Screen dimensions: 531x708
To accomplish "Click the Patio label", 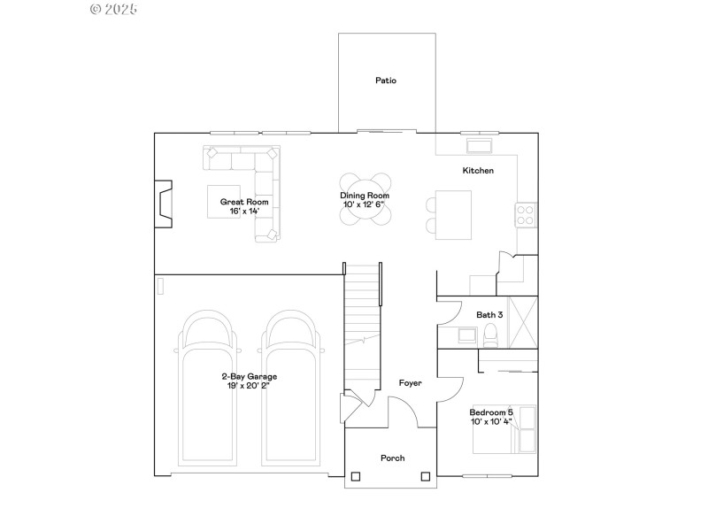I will [x=385, y=81].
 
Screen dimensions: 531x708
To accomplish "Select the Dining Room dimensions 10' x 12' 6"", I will [x=365, y=205].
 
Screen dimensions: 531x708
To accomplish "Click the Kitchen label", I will [x=478, y=171].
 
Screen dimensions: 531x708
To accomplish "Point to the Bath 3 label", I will [x=489, y=314].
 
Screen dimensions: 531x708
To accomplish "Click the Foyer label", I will [x=410, y=383].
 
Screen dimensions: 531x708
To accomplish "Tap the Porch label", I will [x=392, y=458].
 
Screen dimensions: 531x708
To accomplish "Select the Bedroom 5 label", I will [x=490, y=412].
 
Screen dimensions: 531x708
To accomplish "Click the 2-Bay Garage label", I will [x=249, y=376].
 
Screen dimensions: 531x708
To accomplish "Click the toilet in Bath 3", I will [x=490, y=334].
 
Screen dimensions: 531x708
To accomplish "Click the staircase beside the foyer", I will [x=360, y=327].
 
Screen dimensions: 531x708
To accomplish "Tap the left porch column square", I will [x=356, y=476].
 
